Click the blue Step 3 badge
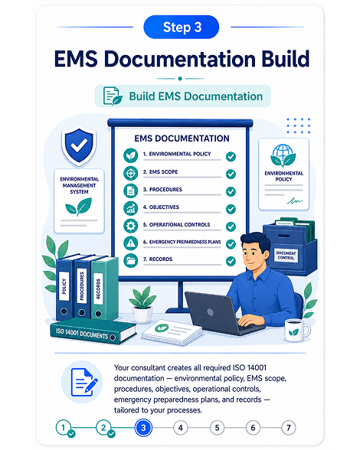click(x=181, y=27)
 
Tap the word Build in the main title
click(x=285, y=59)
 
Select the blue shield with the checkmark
click(x=79, y=146)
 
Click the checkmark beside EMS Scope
click(x=231, y=174)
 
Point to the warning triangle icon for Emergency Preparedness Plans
click(x=131, y=243)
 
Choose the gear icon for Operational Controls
click(x=131, y=226)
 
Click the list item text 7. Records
click(x=158, y=259)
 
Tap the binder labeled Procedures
click(x=82, y=287)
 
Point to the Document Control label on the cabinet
click(x=286, y=255)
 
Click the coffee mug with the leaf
click(x=296, y=331)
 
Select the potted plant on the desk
click(x=142, y=305)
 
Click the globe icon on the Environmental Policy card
click(x=283, y=152)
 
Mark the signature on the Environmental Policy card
click(x=294, y=201)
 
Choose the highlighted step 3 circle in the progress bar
click(x=143, y=428)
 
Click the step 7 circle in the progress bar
click(x=289, y=428)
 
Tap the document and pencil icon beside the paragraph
click(x=83, y=383)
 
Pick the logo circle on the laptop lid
click(x=211, y=312)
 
